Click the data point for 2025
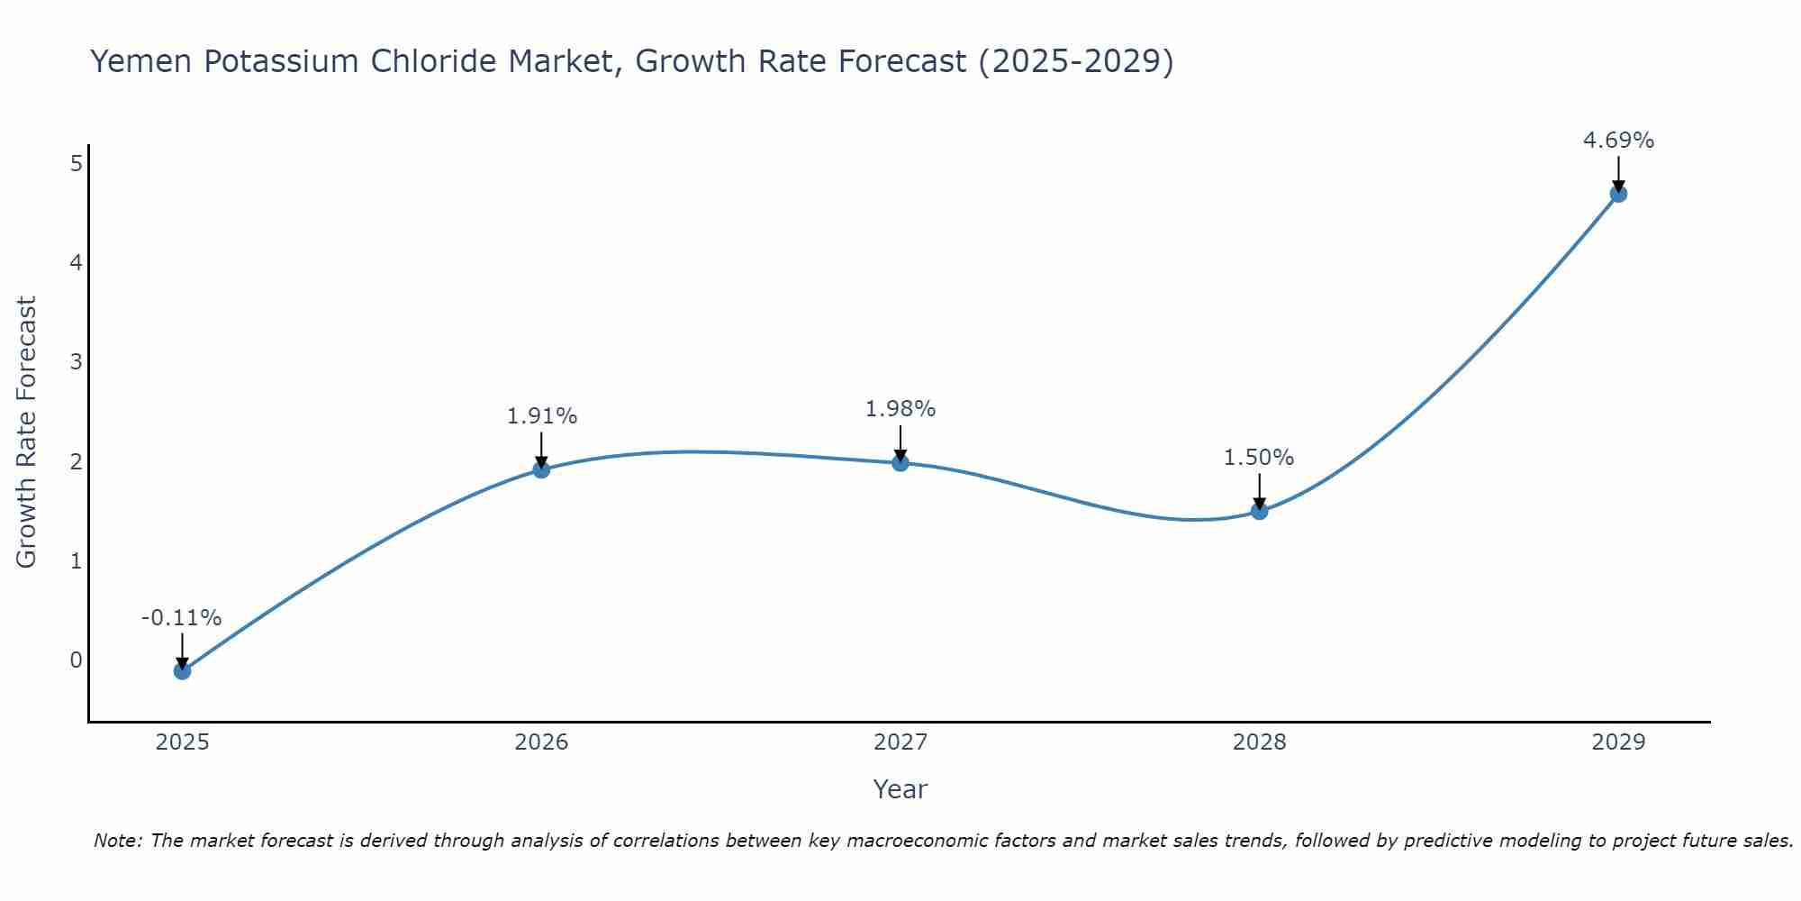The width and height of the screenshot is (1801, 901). [x=182, y=670]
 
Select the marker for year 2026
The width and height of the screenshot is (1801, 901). [x=541, y=469]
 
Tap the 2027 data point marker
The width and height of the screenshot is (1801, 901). [x=900, y=463]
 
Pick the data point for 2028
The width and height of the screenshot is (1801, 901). [x=1259, y=511]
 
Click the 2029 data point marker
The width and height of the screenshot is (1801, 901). [x=1618, y=194]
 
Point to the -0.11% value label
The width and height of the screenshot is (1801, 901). [x=181, y=618]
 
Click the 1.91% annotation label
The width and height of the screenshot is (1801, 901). [x=541, y=416]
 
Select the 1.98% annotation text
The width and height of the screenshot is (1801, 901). [x=900, y=409]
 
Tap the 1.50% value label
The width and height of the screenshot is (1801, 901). [x=1259, y=458]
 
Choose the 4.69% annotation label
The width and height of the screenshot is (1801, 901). [x=1618, y=141]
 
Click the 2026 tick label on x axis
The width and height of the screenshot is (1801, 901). [x=541, y=742]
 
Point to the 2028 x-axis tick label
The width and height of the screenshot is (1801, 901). [x=1259, y=742]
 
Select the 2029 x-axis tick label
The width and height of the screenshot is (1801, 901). [x=1618, y=742]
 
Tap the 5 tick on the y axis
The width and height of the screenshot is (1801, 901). [x=77, y=163]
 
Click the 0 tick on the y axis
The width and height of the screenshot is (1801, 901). [x=77, y=660]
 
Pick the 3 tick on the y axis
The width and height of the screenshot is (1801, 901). [x=77, y=362]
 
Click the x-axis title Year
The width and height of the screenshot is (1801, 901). [x=900, y=789]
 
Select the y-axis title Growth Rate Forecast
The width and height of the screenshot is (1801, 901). [x=27, y=432]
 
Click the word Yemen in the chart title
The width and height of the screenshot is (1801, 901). [x=142, y=62]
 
